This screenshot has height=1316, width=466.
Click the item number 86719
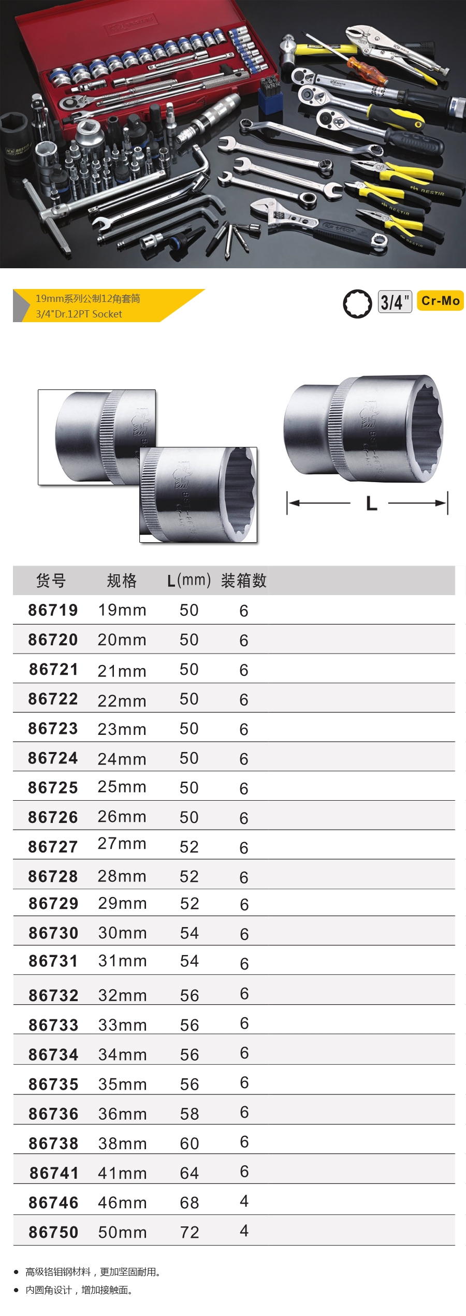[53, 610]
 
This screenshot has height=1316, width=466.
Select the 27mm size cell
[122, 844]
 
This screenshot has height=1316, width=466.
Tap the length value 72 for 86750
[190, 1233]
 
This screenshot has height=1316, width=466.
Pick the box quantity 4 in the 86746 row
[244, 1201]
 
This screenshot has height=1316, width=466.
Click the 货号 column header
[51, 581]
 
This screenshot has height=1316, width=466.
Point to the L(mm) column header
[189, 581]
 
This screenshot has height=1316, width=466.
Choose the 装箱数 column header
[244, 581]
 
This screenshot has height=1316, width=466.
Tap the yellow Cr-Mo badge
[440, 301]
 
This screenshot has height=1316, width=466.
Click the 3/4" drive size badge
[395, 301]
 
